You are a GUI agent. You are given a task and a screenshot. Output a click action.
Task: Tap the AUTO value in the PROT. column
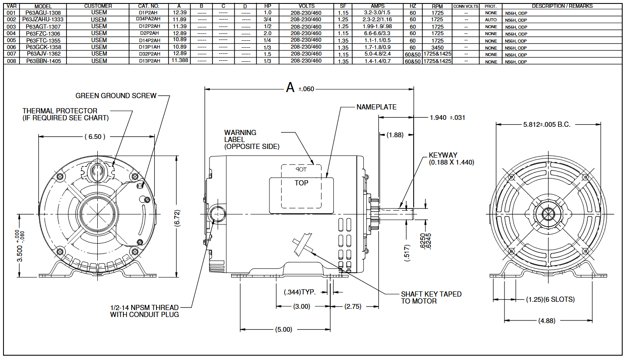coord(491,20)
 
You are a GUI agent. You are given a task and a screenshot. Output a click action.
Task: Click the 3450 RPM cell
coord(437,47)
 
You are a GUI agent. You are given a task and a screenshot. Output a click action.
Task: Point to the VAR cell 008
coord(11,61)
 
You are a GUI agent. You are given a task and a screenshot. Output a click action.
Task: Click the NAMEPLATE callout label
coord(376,107)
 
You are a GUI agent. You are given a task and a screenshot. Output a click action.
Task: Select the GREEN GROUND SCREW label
coord(116,96)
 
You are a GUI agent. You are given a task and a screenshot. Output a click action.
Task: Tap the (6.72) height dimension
coord(177,216)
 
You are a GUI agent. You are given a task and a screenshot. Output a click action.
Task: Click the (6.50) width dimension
coord(94,136)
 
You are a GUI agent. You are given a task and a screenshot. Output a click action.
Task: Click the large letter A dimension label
coord(290,88)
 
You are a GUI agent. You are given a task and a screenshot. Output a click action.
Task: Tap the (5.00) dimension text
coord(284,330)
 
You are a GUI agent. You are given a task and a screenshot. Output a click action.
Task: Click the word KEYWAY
coord(443,155)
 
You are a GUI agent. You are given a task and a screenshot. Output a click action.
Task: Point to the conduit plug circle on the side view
coord(217,214)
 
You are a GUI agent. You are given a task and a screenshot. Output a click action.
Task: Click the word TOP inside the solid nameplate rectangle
coord(301,183)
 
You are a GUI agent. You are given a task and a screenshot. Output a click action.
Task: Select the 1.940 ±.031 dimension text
coord(447,118)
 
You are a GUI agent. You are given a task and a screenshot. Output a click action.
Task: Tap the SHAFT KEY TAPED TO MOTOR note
coord(431,297)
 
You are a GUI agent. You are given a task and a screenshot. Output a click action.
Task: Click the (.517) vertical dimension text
coord(407,251)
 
